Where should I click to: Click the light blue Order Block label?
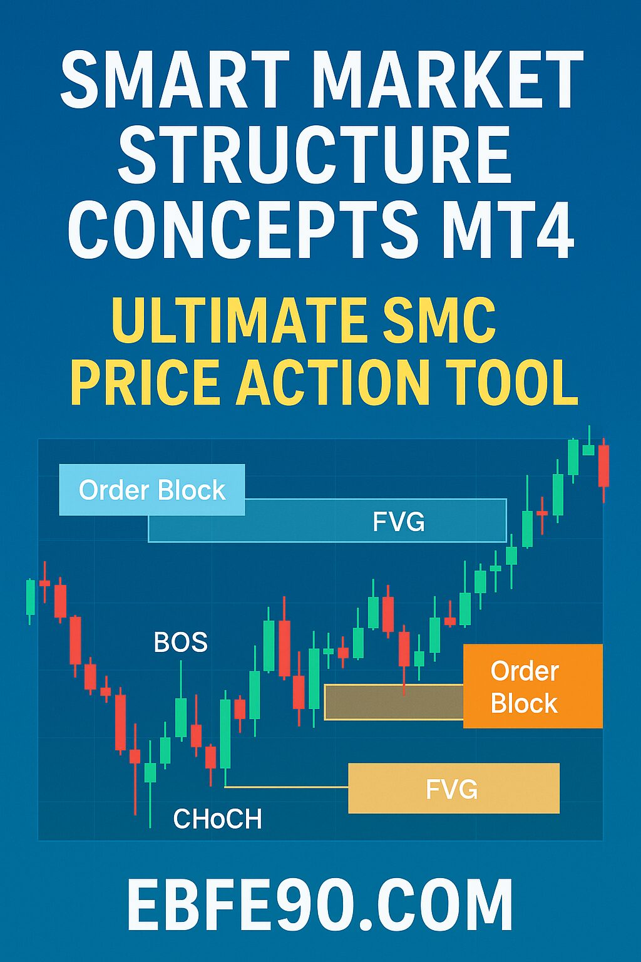(152, 490)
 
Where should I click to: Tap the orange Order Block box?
(533, 686)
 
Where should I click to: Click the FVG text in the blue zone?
(398, 521)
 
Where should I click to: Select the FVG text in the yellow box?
(452, 789)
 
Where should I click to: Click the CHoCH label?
(217, 819)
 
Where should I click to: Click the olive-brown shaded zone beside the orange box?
(394, 702)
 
